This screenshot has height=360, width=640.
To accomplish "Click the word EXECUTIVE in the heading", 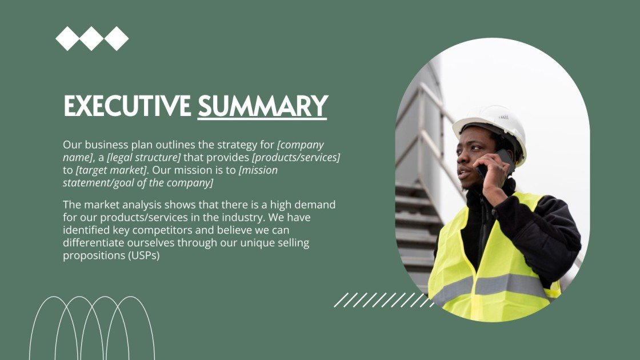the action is point(127,106).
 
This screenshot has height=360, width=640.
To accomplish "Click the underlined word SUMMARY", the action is point(262,106).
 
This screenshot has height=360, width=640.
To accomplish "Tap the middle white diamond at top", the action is point(91,39).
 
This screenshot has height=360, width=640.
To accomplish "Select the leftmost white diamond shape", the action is point(67,39).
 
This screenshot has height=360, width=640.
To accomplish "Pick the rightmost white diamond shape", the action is point(117,39).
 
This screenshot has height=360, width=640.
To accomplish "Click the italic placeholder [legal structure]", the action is point(143,158).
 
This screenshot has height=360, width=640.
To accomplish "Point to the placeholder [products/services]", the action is point(296,158).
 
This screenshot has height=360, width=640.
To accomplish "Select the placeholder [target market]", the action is point(111,170).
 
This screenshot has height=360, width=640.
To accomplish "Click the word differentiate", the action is point(94,243).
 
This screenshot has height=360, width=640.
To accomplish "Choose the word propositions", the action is point(94,256).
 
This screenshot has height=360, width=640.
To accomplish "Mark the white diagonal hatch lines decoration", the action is point(383,299).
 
